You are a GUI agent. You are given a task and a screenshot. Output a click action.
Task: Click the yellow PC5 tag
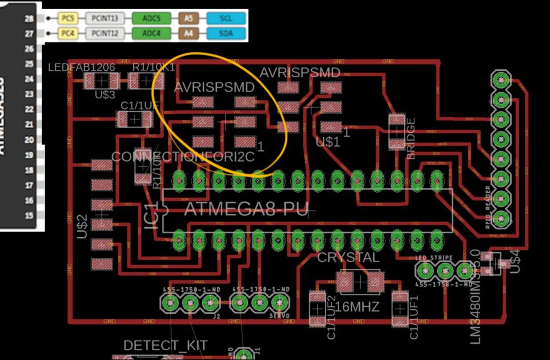66,19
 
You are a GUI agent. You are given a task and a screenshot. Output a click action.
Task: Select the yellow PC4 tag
66,34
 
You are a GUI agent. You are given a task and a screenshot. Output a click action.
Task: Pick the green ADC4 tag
151,34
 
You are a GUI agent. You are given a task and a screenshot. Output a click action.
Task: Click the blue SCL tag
226,19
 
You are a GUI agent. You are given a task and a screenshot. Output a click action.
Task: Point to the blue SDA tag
226,34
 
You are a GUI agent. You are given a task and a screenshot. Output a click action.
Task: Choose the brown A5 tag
189,19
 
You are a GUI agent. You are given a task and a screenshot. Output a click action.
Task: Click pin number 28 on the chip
29,19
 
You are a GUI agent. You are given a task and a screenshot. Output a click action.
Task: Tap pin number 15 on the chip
29,215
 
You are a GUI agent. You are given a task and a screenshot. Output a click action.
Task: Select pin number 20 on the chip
29,140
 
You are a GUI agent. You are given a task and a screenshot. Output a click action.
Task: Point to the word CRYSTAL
348,257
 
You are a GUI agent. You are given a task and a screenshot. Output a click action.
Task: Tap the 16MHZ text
358,307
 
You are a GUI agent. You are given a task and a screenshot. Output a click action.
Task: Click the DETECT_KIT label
165,345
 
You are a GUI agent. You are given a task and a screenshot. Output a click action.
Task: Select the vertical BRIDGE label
411,138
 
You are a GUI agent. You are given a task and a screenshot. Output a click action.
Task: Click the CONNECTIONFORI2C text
183,157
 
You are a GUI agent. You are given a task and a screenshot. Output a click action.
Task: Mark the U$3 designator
105,94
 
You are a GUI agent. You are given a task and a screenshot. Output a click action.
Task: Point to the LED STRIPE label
433,258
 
